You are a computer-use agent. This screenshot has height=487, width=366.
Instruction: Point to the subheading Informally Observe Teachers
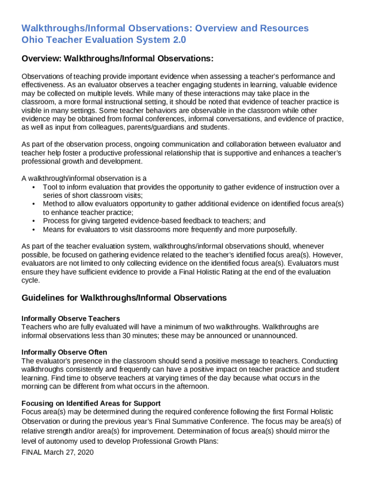coord(71,318)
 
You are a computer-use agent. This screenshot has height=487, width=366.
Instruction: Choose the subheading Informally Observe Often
coord(64,352)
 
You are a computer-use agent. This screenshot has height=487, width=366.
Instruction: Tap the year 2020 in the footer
coord(85,452)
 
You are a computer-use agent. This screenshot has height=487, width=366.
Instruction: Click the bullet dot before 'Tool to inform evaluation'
coord(33,187)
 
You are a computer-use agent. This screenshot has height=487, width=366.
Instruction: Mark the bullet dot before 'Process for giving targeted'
coord(33,221)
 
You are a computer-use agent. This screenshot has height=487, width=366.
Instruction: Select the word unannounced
coord(276,335)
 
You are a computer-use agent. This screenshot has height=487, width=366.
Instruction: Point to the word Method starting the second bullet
coord(54,204)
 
